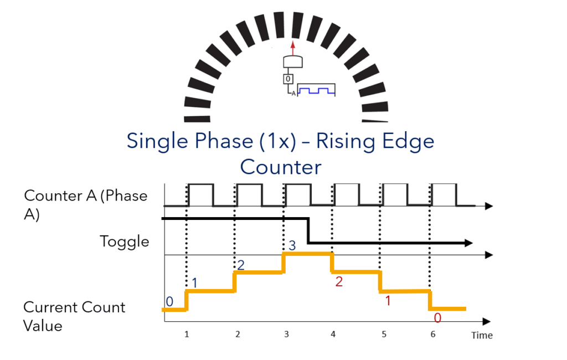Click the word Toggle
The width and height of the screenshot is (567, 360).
[125, 241]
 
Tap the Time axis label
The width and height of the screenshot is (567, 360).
[482, 336]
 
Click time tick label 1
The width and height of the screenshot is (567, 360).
[187, 335]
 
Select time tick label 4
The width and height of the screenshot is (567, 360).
[333, 335]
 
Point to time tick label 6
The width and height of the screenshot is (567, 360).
[433, 335]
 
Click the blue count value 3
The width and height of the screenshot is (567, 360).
[292, 246]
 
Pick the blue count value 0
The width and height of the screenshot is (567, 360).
[169, 301]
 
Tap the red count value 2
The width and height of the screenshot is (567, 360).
[339, 281]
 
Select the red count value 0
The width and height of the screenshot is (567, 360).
[437, 318]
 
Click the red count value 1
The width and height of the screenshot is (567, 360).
[388, 301]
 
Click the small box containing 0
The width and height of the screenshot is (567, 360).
[288, 79]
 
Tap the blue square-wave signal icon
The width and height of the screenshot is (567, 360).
[316, 90]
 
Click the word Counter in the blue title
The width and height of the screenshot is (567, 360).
[281, 167]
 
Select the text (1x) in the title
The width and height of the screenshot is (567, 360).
[278, 141]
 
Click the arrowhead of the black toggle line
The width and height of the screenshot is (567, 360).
[468, 243]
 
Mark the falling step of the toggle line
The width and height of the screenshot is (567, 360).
[308, 230]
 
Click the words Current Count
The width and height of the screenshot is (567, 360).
[74, 307]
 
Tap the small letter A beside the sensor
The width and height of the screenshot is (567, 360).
[293, 94]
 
